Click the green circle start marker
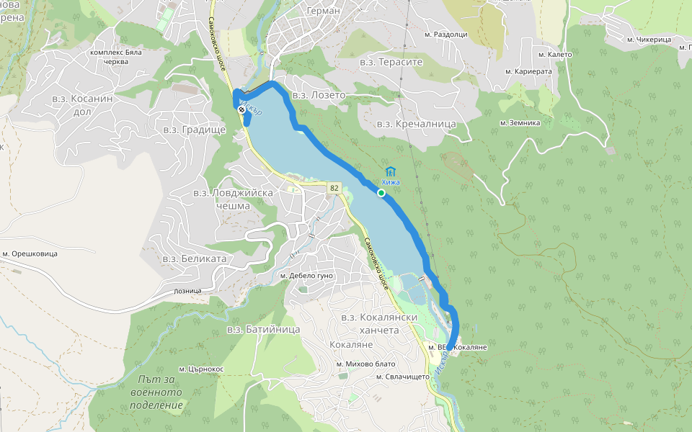pos(381,192)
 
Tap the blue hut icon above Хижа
pos(390,171)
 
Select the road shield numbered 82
pos(333,188)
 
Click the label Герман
pos(322,10)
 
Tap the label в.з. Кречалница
pos(417,124)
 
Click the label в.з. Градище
pos(195,130)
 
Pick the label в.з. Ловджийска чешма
pos(232,199)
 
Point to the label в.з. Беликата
pos(195,258)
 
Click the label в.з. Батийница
pos(263,329)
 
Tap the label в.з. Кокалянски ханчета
pos(370,323)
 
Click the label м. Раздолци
pos(447,35)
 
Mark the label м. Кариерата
pos(528,71)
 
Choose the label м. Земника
pos(520,122)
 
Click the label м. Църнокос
pos(202,368)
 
